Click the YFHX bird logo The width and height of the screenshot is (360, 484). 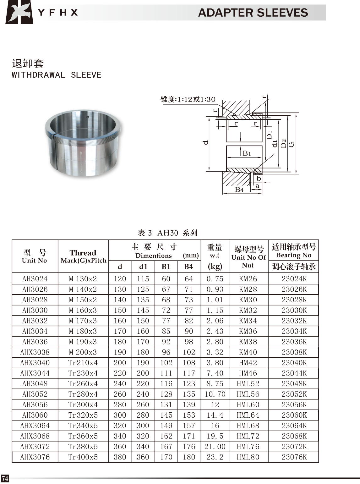coord(19,12)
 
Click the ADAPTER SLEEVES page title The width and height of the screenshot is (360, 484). coord(253,13)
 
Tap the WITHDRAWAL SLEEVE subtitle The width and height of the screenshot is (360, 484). coord(57,75)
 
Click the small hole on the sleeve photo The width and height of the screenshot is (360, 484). coord(88,117)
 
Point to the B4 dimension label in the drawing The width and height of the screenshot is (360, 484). coord(239,190)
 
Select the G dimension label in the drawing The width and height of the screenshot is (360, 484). coord(292,144)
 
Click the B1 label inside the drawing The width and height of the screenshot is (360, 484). coord(247,153)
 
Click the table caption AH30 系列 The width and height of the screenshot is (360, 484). coord(167,233)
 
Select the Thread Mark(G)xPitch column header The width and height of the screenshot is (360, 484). coord(83,256)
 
